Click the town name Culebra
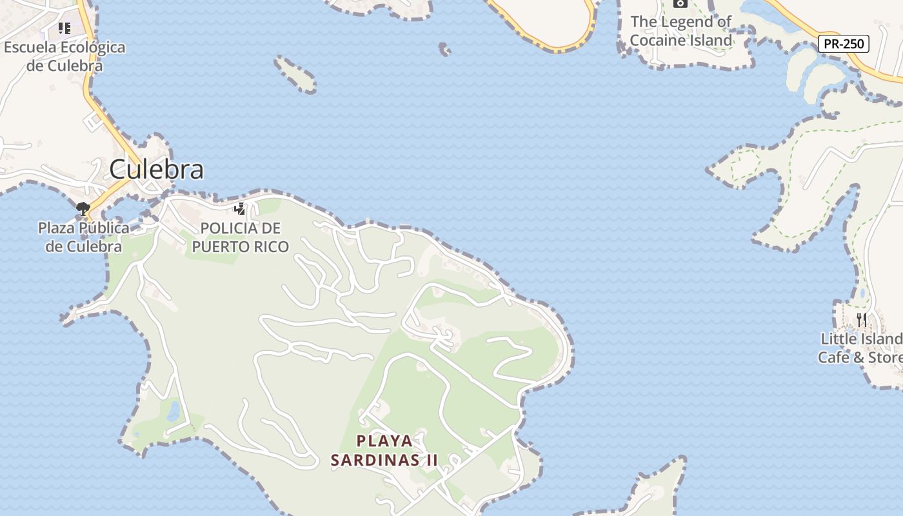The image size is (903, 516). [x=156, y=169]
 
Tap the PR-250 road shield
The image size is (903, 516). [x=844, y=44]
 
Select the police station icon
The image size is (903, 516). [x=240, y=208]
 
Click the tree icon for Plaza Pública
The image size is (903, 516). [x=83, y=208]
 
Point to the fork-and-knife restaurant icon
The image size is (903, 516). [x=861, y=319]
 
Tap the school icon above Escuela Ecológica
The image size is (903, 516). [x=64, y=28]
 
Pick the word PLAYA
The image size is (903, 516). [x=384, y=441]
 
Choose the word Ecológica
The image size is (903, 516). [x=92, y=47]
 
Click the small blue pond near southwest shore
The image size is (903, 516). [x=174, y=412]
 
